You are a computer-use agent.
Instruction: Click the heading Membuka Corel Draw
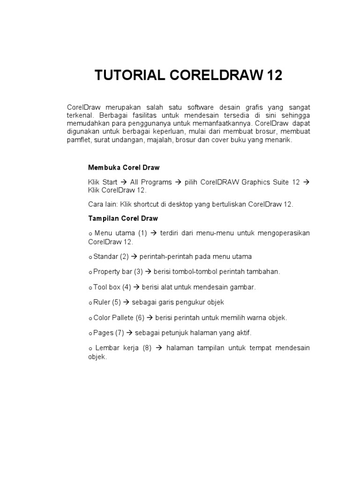(x=124, y=167)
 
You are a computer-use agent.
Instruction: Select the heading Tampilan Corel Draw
(x=123, y=218)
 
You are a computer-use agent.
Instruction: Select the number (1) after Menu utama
(x=142, y=233)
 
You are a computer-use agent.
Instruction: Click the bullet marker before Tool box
(x=90, y=287)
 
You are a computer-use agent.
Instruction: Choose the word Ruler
(x=102, y=302)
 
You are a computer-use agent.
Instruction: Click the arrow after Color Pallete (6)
(x=150, y=317)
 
